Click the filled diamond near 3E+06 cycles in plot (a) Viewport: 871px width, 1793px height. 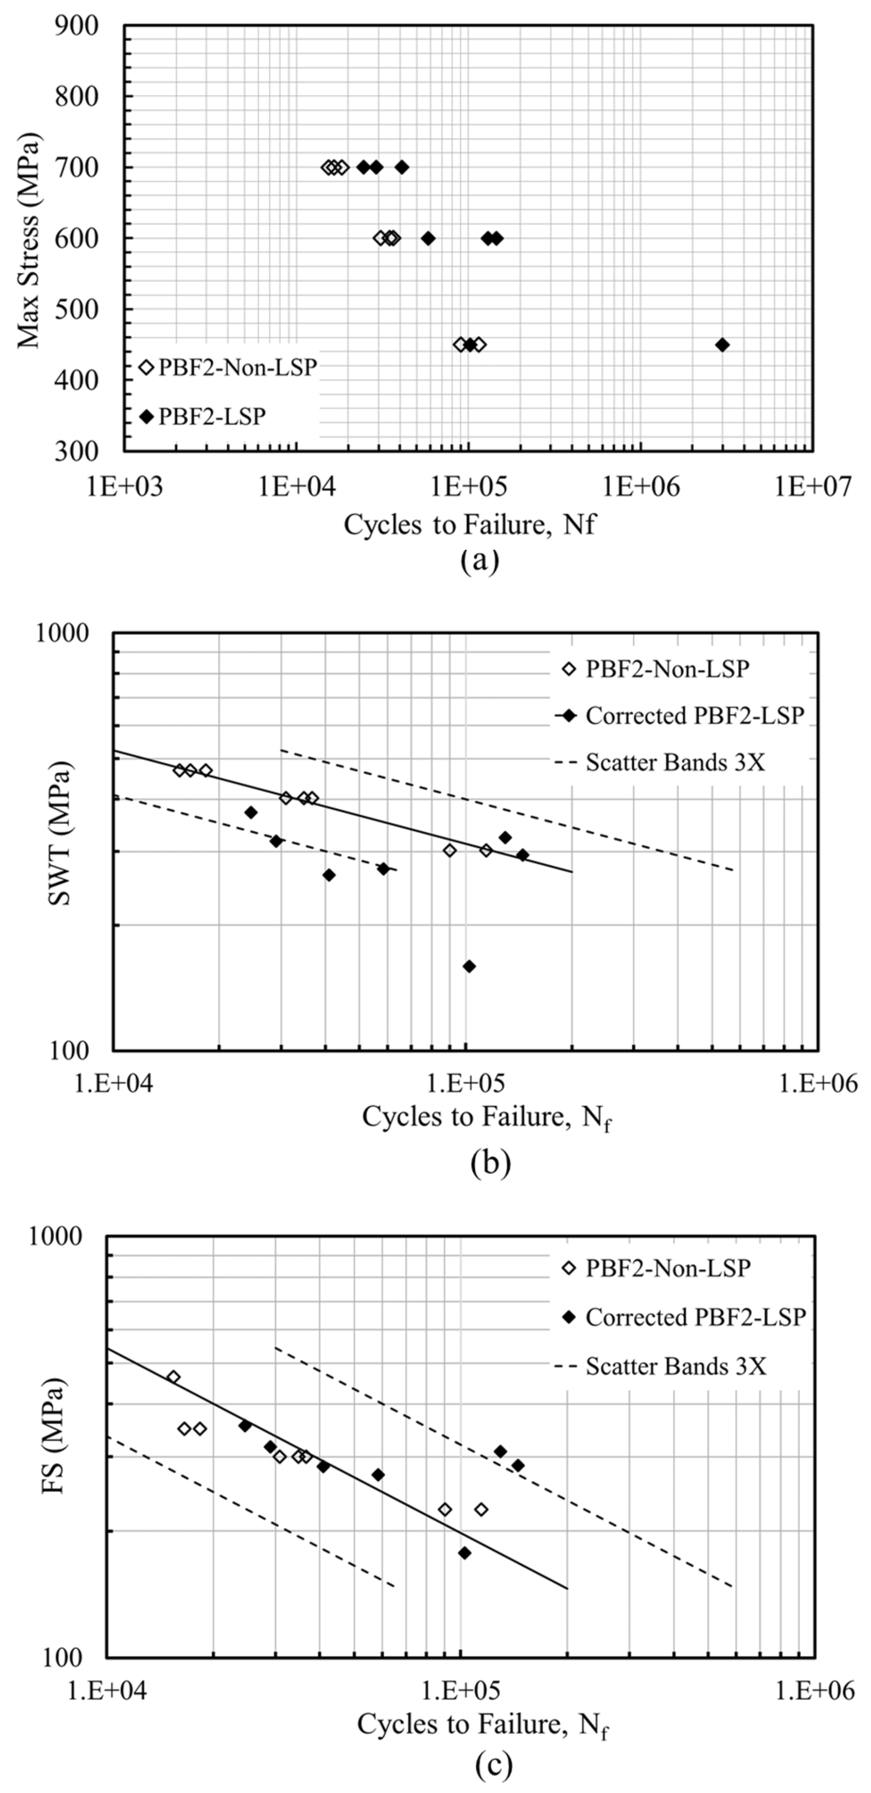pos(722,345)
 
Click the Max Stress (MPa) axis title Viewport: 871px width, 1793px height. pos(29,239)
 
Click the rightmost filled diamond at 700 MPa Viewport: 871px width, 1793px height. pos(402,167)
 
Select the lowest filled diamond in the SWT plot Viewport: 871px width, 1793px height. pos(469,966)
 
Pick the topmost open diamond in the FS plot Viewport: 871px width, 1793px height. pos(173,1377)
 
